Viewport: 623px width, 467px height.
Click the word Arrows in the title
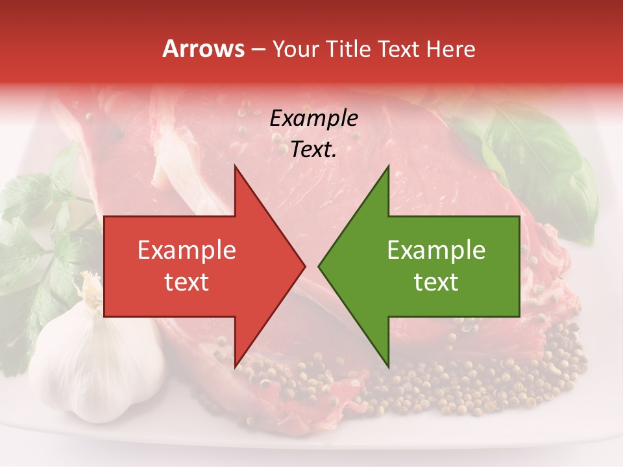coord(203,49)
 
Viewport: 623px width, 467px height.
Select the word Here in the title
coord(450,49)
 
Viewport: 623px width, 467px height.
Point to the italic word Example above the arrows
coord(314,119)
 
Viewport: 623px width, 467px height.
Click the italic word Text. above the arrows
coord(314,150)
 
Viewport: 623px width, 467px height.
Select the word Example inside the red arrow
coord(187,250)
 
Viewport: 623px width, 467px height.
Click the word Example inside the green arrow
coord(436,250)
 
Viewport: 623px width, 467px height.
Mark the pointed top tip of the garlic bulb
coord(86,278)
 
